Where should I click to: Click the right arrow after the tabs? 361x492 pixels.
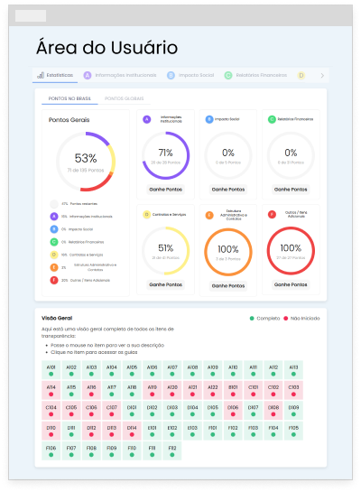pyautogui.click(x=322, y=76)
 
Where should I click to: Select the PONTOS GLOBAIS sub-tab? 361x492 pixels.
pyautogui.click(x=125, y=98)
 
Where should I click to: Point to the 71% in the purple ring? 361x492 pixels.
pyautogui.click(x=165, y=153)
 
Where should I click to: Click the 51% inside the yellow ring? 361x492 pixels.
pyautogui.click(x=165, y=247)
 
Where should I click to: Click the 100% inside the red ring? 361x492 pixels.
pyautogui.click(x=291, y=247)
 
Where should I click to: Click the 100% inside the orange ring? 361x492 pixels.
pyautogui.click(x=228, y=247)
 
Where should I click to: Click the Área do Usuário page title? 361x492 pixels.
pyautogui.click(x=106, y=48)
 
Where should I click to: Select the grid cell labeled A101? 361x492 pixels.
pyautogui.click(x=51, y=370)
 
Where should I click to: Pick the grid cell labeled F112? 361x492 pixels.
pyautogui.click(x=172, y=450)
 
